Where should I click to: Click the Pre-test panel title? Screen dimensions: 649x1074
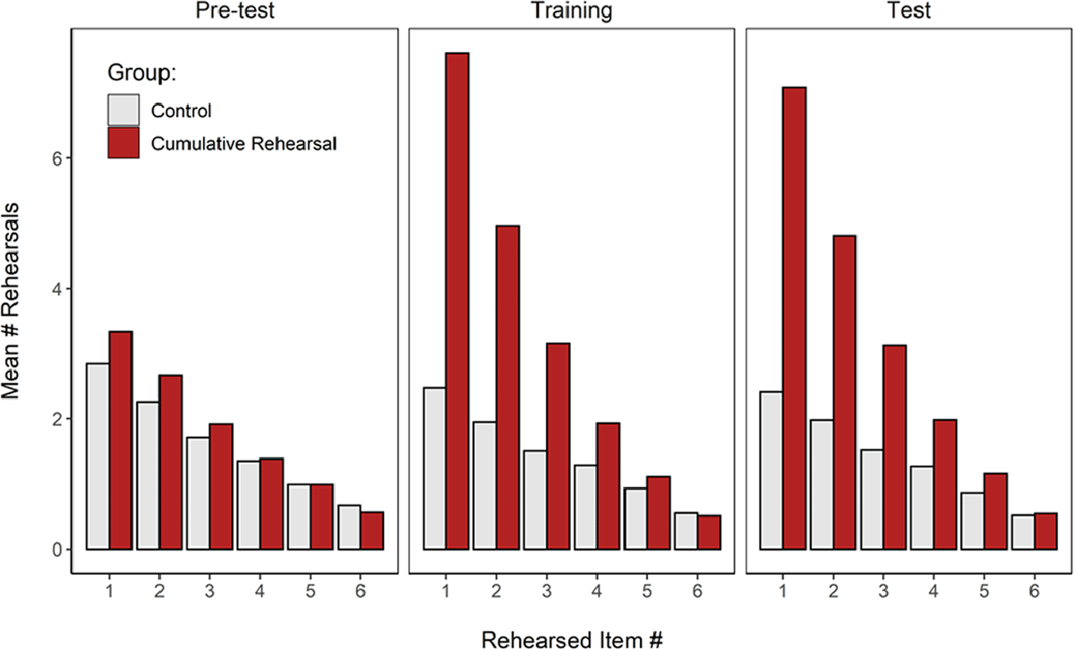coord(232,12)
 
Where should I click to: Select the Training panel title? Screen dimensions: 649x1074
coord(571,12)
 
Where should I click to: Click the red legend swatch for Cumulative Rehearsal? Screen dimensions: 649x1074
coord(124,142)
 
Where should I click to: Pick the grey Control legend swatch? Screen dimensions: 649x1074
coord(124,111)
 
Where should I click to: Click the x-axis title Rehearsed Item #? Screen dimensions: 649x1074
coord(571,637)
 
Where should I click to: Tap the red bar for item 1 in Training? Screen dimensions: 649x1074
coord(457,301)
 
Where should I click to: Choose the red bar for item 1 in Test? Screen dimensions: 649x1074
coord(794,318)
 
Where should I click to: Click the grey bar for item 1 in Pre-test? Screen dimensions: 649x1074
coord(97,456)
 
